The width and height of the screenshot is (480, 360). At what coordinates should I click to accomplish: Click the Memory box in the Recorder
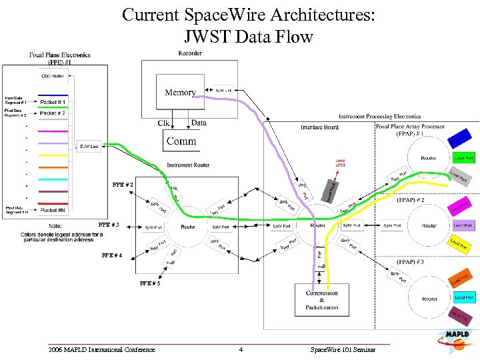pos(180,93)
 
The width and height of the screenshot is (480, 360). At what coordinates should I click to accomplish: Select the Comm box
pos(181,141)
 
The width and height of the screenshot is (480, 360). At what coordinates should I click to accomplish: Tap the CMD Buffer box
pos(53,76)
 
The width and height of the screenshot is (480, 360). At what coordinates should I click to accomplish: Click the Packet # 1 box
pos(53,102)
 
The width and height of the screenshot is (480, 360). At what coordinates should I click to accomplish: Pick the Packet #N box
pos(53,210)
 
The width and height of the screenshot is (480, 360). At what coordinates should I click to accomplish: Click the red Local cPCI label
pos(340,161)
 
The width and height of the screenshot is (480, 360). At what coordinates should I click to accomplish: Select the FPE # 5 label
pos(149,283)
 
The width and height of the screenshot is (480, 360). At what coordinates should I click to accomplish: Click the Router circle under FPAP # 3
pos(429,299)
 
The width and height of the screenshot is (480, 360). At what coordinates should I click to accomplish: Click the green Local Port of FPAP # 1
pos(464,158)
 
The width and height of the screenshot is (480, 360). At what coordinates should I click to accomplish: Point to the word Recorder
pos(191,53)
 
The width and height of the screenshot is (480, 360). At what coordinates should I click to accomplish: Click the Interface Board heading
pos(320,127)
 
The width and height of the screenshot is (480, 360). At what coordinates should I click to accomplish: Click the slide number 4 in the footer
pos(241,349)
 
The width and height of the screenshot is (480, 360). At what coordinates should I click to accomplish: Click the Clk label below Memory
pos(163,123)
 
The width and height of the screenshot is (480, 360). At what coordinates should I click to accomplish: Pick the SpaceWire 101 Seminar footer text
pos(343,349)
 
